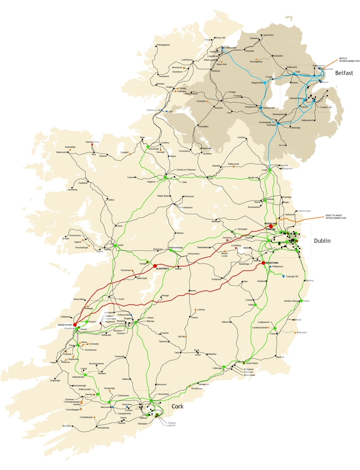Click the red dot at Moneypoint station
(75, 324)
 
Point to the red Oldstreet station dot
(154, 265)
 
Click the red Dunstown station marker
(263, 262)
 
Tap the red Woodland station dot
(271, 227)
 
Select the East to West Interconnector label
(336, 217)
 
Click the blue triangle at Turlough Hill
(283, 276)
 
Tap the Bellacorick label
(63, 152)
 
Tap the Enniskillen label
(203, 126)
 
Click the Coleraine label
(254, 38)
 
